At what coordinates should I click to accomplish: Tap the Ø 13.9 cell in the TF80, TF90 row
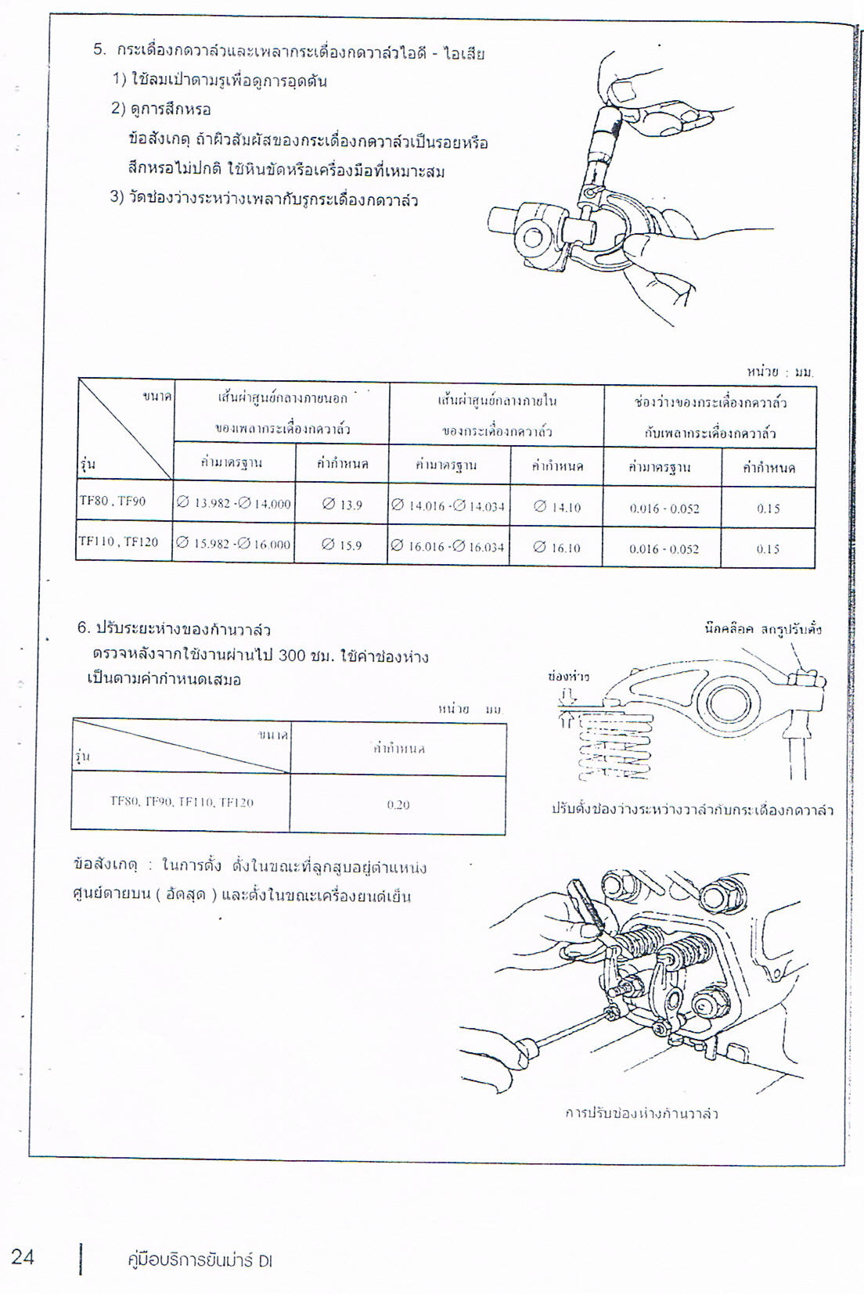[342, 505]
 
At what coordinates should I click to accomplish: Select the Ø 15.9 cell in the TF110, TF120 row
[341, 545]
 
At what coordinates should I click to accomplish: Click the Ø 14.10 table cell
[556, 507]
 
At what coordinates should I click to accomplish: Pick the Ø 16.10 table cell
[556, 548]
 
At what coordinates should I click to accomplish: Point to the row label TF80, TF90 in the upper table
[113, 501]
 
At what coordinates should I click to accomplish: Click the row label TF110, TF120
[118, 541]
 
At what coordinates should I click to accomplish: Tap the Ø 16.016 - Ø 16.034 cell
[448, 547]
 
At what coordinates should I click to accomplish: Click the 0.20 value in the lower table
[398, 804]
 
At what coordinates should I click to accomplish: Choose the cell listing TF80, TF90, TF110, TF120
[182, 802]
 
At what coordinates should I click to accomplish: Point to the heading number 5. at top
[99, 50]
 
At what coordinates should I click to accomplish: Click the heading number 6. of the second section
[84, 628]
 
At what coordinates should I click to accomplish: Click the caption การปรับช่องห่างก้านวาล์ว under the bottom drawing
[641, 1113]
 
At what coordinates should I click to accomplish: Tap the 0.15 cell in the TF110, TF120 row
[767, 549]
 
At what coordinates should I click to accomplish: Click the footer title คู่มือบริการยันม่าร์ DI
[200, 1260]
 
